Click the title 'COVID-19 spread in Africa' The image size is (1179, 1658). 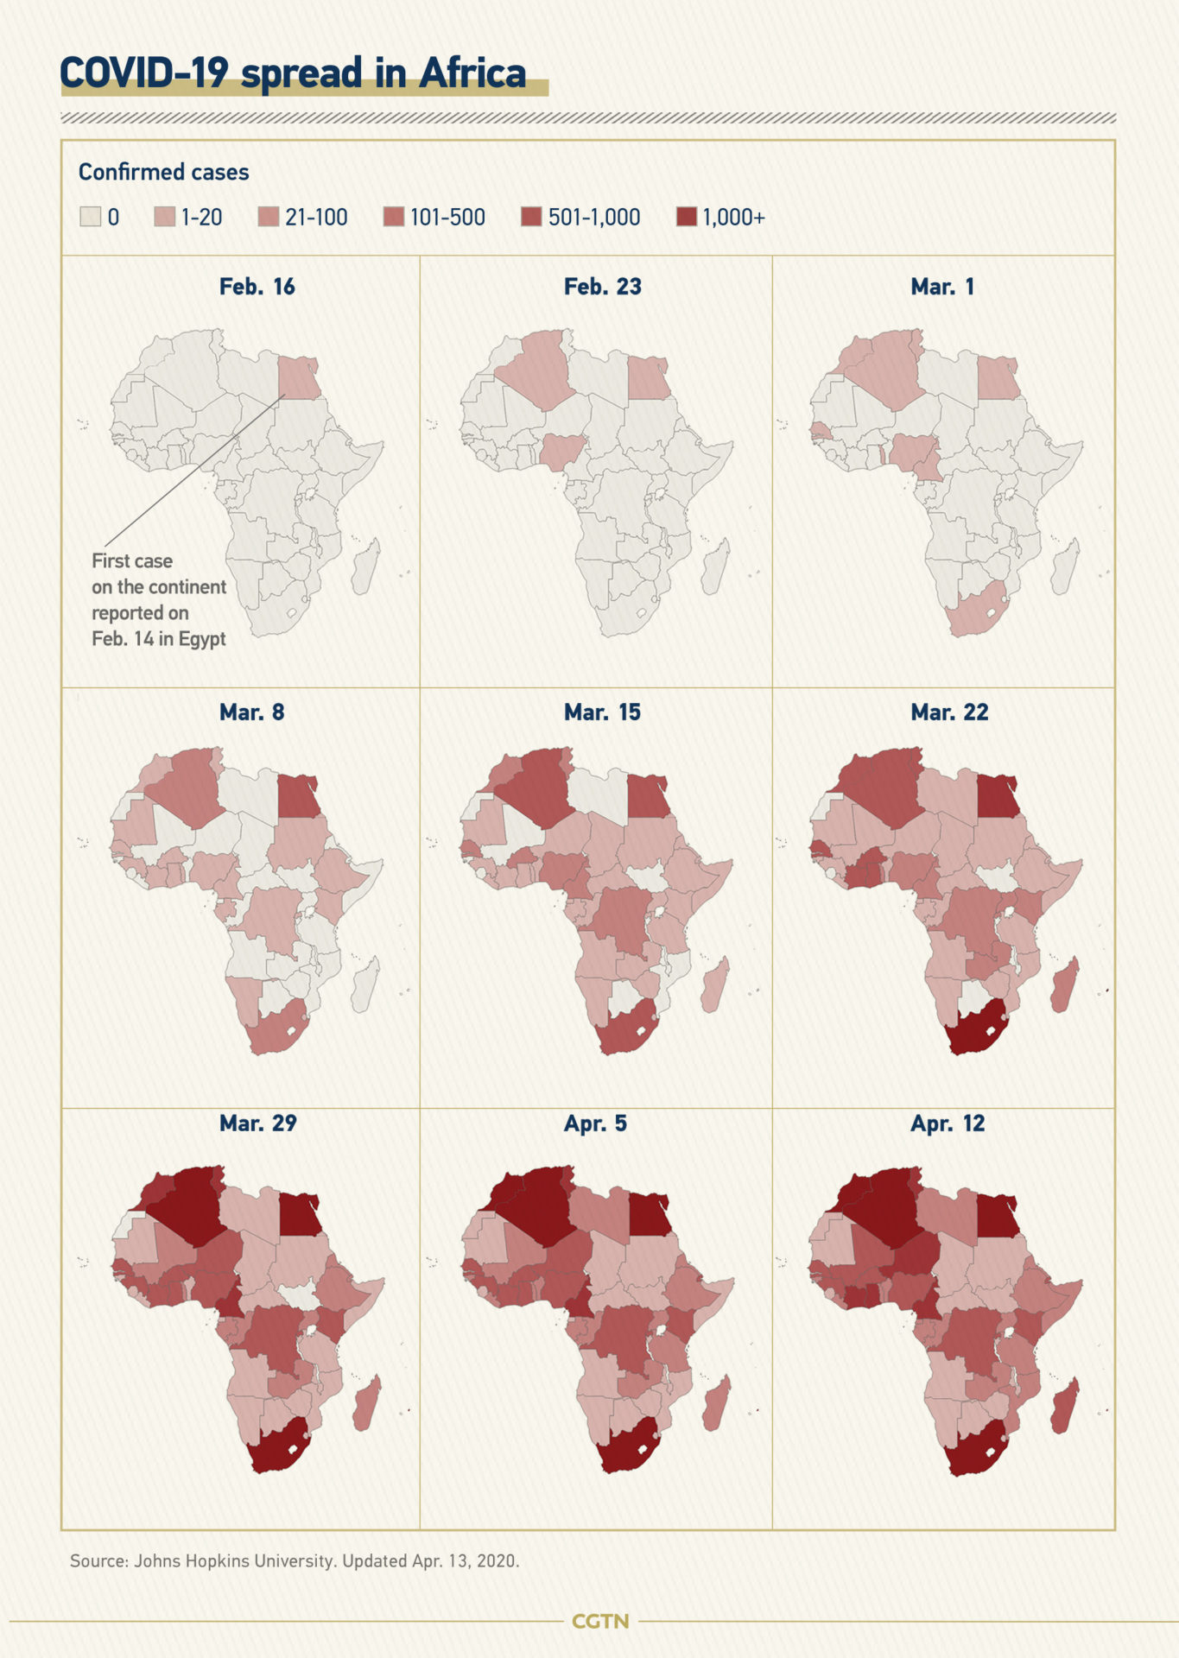pyautogui.click(x=293, y=73)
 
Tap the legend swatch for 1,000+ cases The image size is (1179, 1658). pyautogui.click(x=686, y=217)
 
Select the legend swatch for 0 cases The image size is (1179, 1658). pyautogui.click(x=90, y=217)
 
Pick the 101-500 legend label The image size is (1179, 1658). pyautogui.click(x=447, y=217)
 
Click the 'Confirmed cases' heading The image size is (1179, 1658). pyautogui.click(x=163, y=172)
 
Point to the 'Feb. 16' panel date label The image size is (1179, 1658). pyautogui.click(x=257, y=287)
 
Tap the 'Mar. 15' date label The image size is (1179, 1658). pyautogui.click(x=602, y=712)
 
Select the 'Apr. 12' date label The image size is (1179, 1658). pyautogui.click(x=948, y=1123)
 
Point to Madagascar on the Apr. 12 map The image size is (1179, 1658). pyautogui.click(x=1065, y=1406)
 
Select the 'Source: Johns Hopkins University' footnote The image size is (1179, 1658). pyautogui.click(x=295, y=1560)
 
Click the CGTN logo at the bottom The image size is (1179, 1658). pyautogui.click(x=600, y=1621)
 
